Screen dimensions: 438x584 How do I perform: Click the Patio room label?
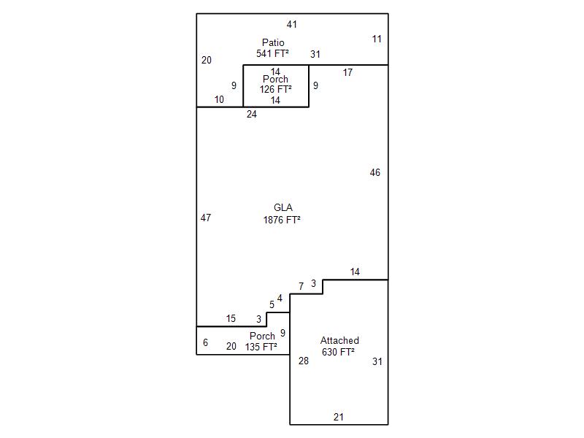[x=274, y=43]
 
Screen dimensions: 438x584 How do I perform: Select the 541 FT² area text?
[x=274, y=54]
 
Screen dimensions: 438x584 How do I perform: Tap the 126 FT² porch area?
[x=276, y=90]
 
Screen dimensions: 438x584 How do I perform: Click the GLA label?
[x=283, y=208]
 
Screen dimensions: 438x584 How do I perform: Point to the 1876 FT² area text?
[x=283, y=219]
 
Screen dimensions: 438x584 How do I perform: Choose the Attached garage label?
[x=339, y=341]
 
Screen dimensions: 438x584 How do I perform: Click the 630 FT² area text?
[x=338, y=352]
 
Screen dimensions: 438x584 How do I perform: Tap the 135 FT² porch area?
[x=261, y=347]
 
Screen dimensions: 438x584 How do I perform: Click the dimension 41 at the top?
[x=292, y=25]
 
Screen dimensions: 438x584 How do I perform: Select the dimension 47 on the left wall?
[x=206, y=218]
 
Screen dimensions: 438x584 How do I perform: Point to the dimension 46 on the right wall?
[x=375, y=173]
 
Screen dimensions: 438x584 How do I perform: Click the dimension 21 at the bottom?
[x=339, y=418]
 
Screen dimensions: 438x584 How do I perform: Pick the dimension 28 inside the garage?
[x=304, y=361]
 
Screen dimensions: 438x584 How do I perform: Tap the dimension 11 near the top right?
[x=377, y=39]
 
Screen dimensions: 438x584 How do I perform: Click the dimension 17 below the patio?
[x=348, y=72]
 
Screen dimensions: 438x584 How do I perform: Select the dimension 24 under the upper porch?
[x=252, y=115]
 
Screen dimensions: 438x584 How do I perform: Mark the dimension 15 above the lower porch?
[x=231, y=319]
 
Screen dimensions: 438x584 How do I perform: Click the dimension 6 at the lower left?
[x=206, y=343]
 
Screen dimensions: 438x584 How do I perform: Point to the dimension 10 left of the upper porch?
[x=220, y=100]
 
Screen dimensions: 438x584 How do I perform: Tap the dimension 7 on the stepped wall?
[x=301, y=286]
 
